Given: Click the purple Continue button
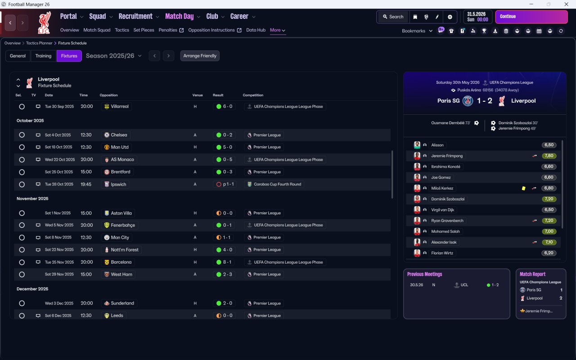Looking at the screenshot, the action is pos(531,17).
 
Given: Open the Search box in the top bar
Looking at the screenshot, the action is pos(393,17).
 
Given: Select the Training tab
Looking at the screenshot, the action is pos(43,56).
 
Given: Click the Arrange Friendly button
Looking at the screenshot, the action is pos(200,56).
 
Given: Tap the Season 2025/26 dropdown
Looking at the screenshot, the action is pos(114,56).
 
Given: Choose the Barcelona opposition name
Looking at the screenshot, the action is pos(121,262).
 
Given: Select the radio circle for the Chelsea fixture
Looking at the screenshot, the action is pos(22,135).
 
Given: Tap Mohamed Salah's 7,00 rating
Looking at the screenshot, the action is pos(549,231).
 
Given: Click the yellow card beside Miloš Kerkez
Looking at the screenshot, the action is pos(523,188).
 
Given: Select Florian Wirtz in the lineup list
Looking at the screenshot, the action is pos(442,253).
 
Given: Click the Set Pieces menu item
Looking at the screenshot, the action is pos(144,30).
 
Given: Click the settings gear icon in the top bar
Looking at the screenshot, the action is pos(450,17).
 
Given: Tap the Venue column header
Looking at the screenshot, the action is pos(198,95).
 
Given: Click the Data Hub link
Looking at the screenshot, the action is pos(256,30).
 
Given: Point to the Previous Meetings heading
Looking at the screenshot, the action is pos(424,274).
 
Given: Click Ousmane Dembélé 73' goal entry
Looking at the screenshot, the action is pos(450,123).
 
